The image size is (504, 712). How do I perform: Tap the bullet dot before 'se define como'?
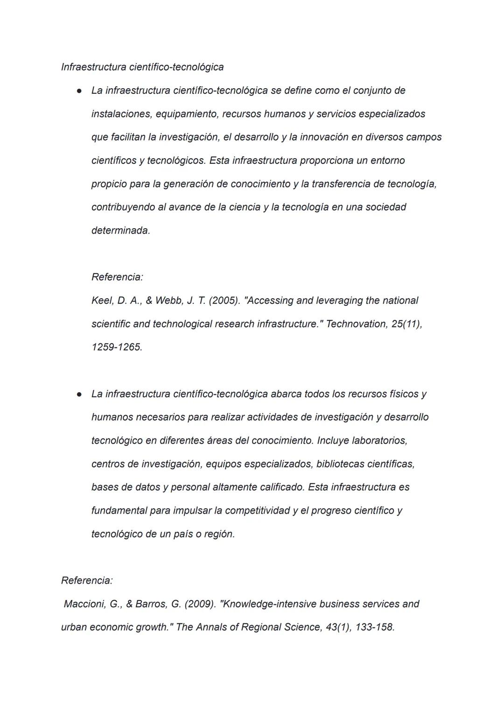click(80, 91)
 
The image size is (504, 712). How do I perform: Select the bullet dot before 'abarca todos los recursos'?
click(80, 395)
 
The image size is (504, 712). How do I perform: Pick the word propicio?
click(109, 184)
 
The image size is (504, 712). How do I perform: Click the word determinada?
click(120, 231)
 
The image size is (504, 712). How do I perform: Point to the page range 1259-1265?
click(117, 347)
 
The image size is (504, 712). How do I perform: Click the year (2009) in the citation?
click(200, 604)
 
